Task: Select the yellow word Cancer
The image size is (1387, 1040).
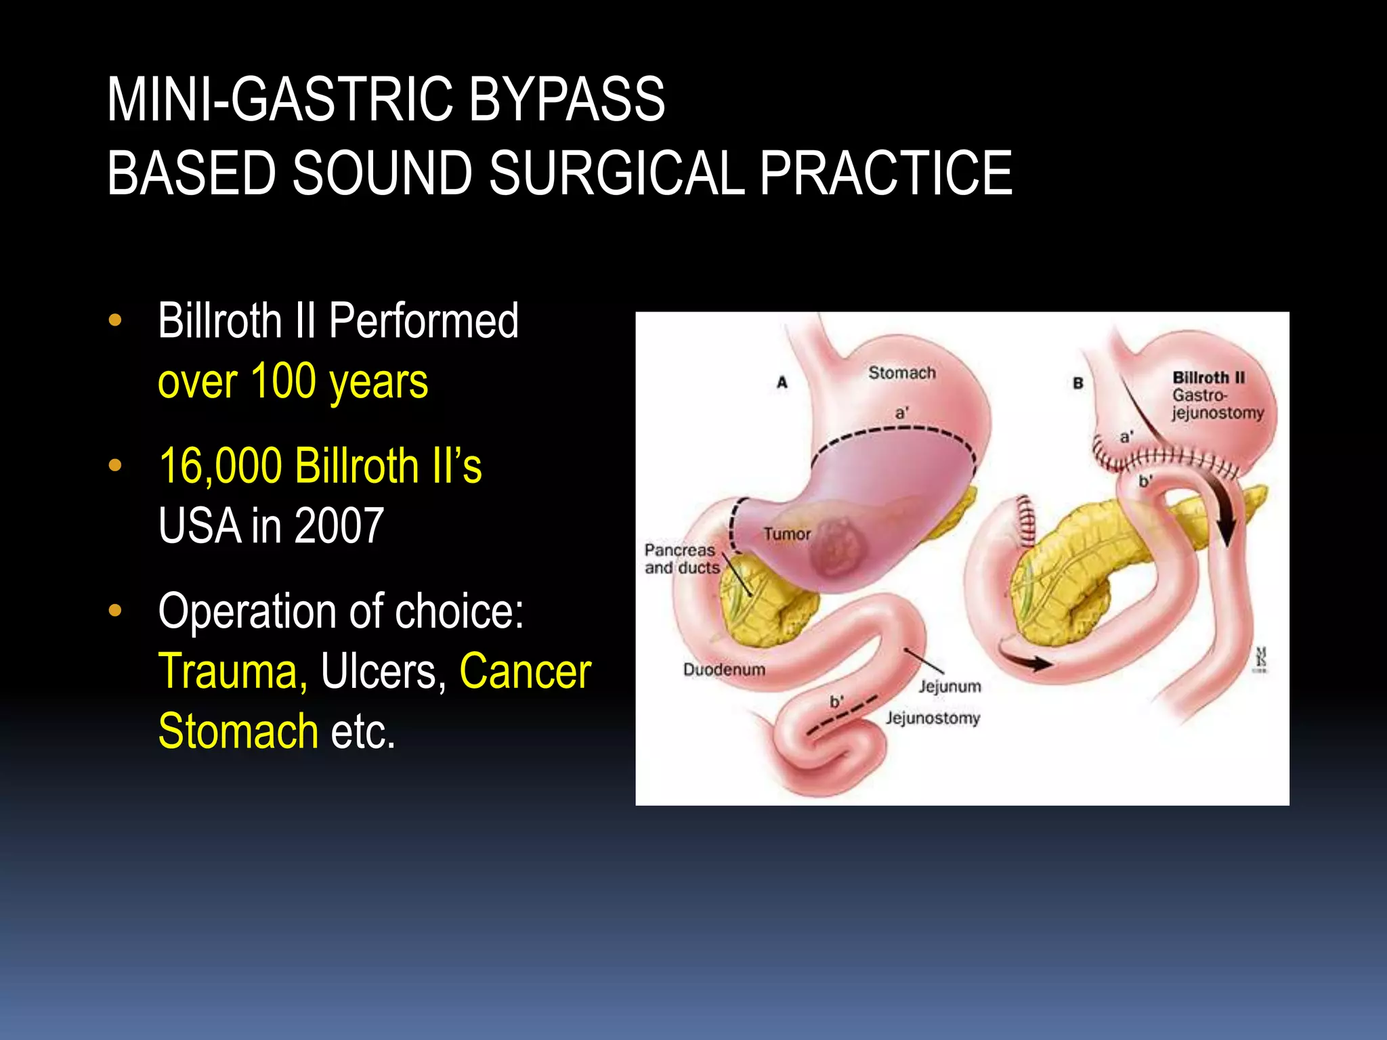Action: [525, 671]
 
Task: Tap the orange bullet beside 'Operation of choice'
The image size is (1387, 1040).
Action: [115, 611]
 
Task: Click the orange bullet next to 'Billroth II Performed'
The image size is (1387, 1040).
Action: [115, 320]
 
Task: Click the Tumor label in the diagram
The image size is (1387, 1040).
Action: [787, 534]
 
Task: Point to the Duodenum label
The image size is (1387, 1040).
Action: [724, 670]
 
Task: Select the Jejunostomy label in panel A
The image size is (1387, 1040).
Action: [933, 718]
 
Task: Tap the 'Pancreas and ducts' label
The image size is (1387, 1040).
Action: [681, 559]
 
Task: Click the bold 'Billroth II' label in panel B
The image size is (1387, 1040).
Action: [1208, 378]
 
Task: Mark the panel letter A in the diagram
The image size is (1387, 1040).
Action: [782, 383]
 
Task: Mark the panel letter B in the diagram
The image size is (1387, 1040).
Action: [1078, 383]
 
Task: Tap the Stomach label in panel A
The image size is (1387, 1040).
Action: [901, 373]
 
